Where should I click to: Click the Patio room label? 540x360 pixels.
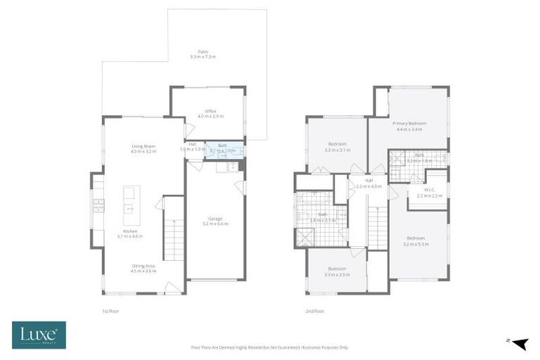click(202, 51)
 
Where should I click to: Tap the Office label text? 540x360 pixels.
click(210, 111)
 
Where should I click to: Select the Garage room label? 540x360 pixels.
click(215, 219)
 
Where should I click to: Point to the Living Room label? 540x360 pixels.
click(143, 146)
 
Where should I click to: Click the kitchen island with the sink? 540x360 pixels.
click(131, 200)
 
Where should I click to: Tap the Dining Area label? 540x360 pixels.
click(143, 266)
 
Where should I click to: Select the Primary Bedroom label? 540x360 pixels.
click(409, 124)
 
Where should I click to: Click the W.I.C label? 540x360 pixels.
click(429, 189)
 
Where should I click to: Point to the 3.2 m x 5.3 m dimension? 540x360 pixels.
click(416, 243)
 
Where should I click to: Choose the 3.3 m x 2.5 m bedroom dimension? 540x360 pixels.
click(337, 274)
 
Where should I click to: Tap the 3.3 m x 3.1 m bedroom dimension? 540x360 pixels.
click(337, 150)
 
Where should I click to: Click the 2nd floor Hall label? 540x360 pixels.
click(368, 181)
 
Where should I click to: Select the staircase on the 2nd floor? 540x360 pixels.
click(378, 229)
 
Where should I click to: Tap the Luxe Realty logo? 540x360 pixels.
click(39, 335)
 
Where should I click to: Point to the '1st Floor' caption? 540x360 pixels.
click(110, 309)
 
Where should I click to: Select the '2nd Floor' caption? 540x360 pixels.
click(314, 309)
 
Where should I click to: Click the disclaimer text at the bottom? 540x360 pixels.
click(269, 347)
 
